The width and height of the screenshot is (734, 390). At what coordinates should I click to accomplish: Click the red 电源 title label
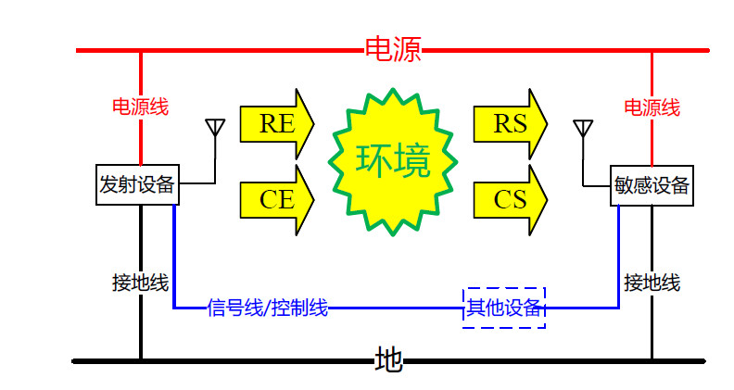coord(393,49)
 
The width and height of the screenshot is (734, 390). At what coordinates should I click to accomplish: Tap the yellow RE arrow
coord(277,124)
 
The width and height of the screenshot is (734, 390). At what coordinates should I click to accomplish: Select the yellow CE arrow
coord(277,200)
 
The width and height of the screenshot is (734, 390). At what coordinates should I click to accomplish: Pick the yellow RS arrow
coord(511,124)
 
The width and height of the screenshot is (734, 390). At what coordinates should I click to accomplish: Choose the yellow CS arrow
coord(511,200)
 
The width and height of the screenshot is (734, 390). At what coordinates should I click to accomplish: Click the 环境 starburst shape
coord(393,161)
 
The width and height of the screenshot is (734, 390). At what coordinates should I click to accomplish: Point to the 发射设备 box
coord(137,184)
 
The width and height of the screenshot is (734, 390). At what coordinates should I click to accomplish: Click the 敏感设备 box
coord(652,185)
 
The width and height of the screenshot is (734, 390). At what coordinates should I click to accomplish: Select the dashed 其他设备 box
coord(504,308)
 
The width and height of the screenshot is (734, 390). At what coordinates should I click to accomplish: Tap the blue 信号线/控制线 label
coord(267,308)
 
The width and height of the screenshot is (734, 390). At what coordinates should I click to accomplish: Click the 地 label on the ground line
coord(388,359)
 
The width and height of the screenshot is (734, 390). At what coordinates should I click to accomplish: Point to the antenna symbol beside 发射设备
coord(215,128)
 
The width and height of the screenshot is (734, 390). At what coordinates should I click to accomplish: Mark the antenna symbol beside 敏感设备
coord(583,129)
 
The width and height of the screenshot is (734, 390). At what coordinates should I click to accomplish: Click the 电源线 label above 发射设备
coord(141,107)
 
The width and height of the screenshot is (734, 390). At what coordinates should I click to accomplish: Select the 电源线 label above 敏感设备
coord(652,107)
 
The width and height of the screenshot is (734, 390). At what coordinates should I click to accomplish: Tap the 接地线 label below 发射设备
coord(141,283)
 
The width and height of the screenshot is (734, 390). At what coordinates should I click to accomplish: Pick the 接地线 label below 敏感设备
coord(652,283)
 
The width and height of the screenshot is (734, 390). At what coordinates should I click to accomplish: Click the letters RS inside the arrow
coord(510,124)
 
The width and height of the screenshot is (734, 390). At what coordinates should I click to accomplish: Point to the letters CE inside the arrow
coord(277,200)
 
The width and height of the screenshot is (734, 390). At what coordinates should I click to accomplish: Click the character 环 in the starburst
coord(373,160)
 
